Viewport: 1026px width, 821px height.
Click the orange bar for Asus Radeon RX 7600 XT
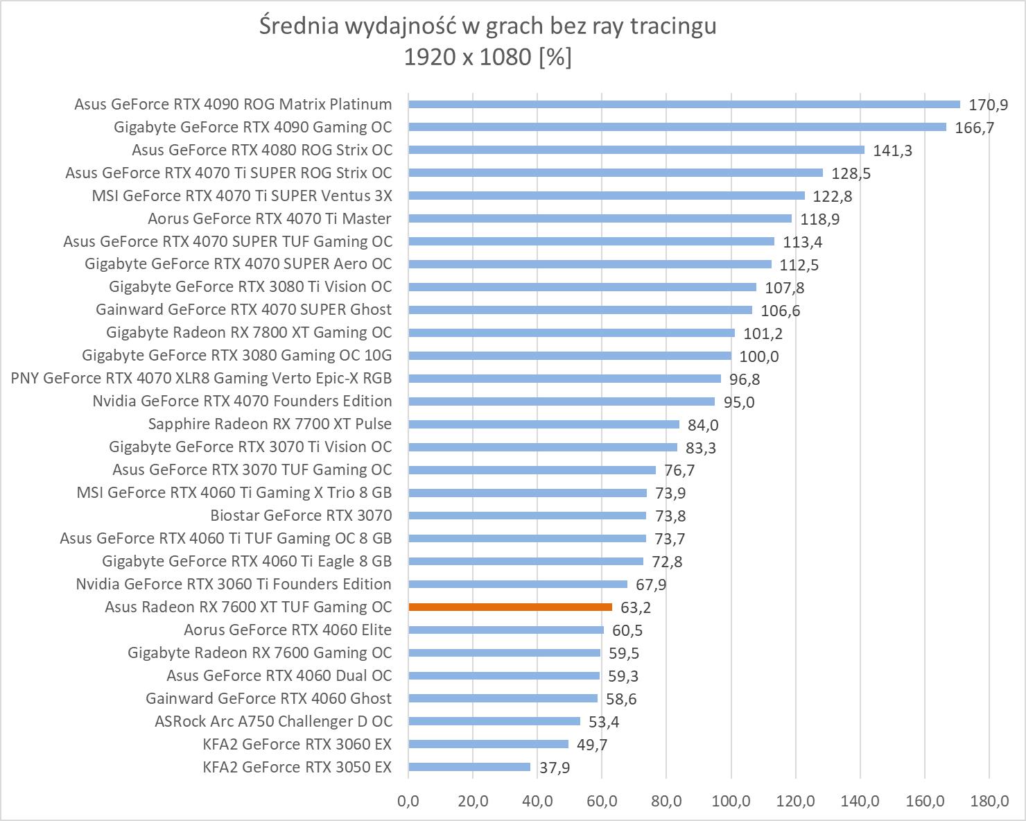point(510,607)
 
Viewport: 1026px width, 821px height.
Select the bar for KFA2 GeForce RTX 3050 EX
point(469,767)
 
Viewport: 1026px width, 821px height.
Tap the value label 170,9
point(988,105)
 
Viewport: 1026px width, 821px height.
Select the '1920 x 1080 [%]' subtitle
point(487,58)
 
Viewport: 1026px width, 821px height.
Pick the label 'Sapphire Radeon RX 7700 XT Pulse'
point(270,424)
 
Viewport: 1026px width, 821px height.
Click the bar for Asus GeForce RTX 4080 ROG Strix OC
point(636,150)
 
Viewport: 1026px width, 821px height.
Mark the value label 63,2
point(635,608)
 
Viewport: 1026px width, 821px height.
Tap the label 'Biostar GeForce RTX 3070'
point(301,515)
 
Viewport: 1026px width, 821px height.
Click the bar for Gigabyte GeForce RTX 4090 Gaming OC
point(677,127)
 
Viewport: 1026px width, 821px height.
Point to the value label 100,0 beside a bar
point(760,356)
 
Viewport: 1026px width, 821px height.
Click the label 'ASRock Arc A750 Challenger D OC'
point(273,721)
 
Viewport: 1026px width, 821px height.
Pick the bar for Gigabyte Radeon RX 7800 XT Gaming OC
point(571,333)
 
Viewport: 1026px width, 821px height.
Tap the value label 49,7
point(591,745)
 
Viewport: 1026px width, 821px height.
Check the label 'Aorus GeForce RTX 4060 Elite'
point(288,630)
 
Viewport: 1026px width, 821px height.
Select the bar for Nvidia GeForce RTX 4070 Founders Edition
point(562,401)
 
